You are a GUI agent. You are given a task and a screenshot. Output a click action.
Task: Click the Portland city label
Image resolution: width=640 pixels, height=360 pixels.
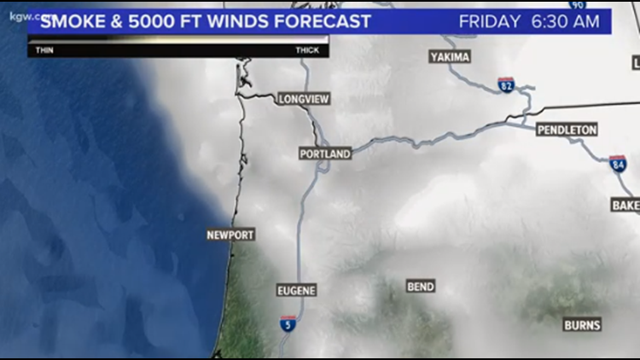pos(325,154)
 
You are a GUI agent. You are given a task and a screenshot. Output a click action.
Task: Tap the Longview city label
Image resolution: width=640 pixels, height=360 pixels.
pos(304,99)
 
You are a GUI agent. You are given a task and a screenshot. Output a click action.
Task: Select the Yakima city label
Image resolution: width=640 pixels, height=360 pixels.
pos(451,57)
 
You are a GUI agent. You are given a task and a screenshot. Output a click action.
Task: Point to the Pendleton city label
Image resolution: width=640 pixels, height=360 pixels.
pos(567,130)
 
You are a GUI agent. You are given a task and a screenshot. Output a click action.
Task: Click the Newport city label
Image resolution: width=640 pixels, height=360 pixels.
pos(230,235)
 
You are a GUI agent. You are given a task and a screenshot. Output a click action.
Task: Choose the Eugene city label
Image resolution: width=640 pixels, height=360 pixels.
pos(297,291)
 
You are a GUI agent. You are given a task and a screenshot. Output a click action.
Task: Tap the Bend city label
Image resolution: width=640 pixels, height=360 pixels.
pos(421,287)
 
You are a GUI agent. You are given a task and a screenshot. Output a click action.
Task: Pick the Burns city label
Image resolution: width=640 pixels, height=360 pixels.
pos(582,325)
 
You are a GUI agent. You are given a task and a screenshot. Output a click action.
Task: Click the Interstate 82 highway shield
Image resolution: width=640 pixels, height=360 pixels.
pos(507,84)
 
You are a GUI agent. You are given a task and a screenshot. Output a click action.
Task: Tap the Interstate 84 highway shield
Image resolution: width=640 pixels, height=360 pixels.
pos(619,164)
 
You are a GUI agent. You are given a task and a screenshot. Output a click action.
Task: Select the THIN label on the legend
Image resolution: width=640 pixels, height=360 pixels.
pos(44,50)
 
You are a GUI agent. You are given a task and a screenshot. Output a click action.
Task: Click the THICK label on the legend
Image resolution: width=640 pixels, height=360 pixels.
pos(307,50)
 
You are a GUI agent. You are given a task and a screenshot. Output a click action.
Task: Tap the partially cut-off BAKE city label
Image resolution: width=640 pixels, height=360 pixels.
pos(625,206)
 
